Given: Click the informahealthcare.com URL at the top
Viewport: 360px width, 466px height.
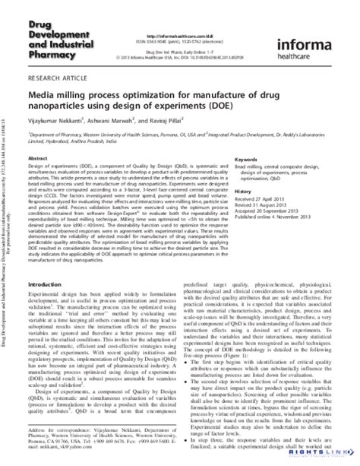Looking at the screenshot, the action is [183, 12].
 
